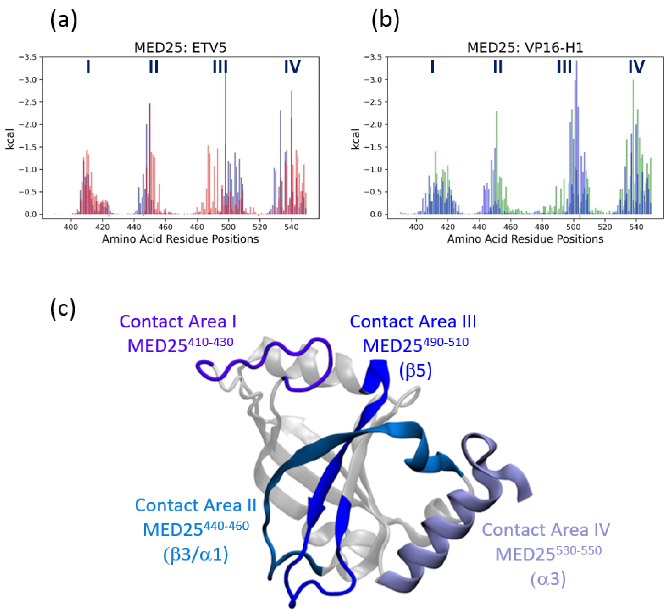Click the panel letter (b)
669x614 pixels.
point(385,21)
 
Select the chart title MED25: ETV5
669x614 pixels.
point(180,48)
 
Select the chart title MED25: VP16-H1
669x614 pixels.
point(525,48)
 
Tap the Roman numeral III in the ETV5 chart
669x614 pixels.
point(220,67)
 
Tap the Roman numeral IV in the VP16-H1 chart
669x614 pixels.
point(636,67)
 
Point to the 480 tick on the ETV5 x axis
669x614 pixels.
point(197,227)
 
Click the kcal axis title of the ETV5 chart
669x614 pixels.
point(10,139)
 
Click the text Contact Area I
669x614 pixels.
point(178,322)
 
